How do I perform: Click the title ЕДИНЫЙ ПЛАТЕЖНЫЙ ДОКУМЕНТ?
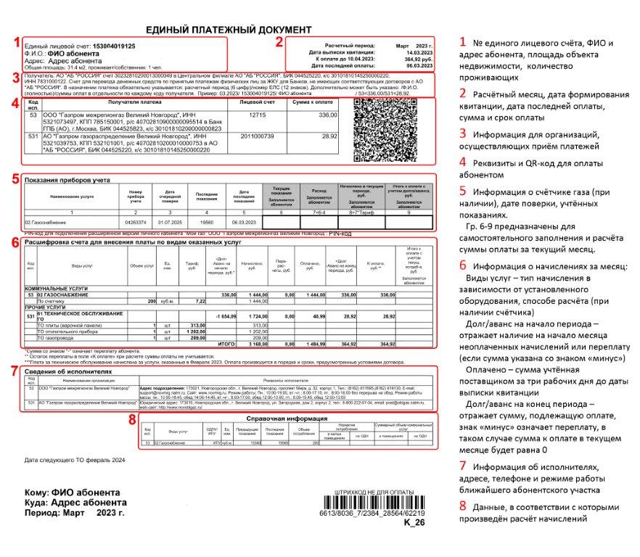click(x=229, y=29)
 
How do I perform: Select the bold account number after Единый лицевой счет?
click(x=112, y=46)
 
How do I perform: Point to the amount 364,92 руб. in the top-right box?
click(x=412, y=59)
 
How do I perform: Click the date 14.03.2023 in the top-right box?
click(x=413, y=52)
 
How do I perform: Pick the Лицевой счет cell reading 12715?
click(x=258, y=116)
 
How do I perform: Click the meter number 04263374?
click(x=136, y=221)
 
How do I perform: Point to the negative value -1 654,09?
click(x=223, y=317)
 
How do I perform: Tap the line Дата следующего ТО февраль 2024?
click(x=74, y=460)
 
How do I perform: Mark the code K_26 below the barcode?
click(x=414, y=521)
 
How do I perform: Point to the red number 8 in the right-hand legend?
click(x=461, y=505)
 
